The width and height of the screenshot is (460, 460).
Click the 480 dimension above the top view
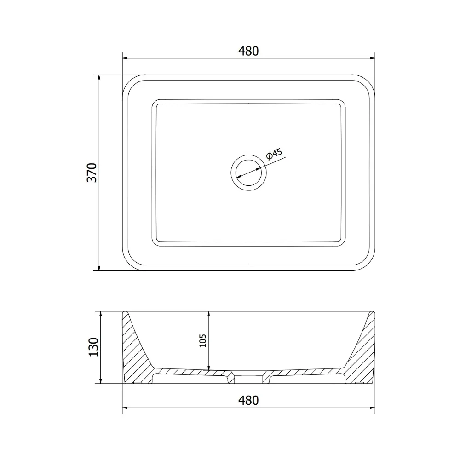pos(248,51)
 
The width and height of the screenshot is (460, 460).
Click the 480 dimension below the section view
pos(248,401)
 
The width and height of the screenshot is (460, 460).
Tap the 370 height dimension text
pos(92,172)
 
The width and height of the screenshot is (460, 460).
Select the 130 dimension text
pos(93,347)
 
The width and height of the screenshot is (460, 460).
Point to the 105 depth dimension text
pos(203,340)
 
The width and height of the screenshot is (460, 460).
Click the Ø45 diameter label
pos(274,154)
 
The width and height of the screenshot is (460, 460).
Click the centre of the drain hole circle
pos(249,173)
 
